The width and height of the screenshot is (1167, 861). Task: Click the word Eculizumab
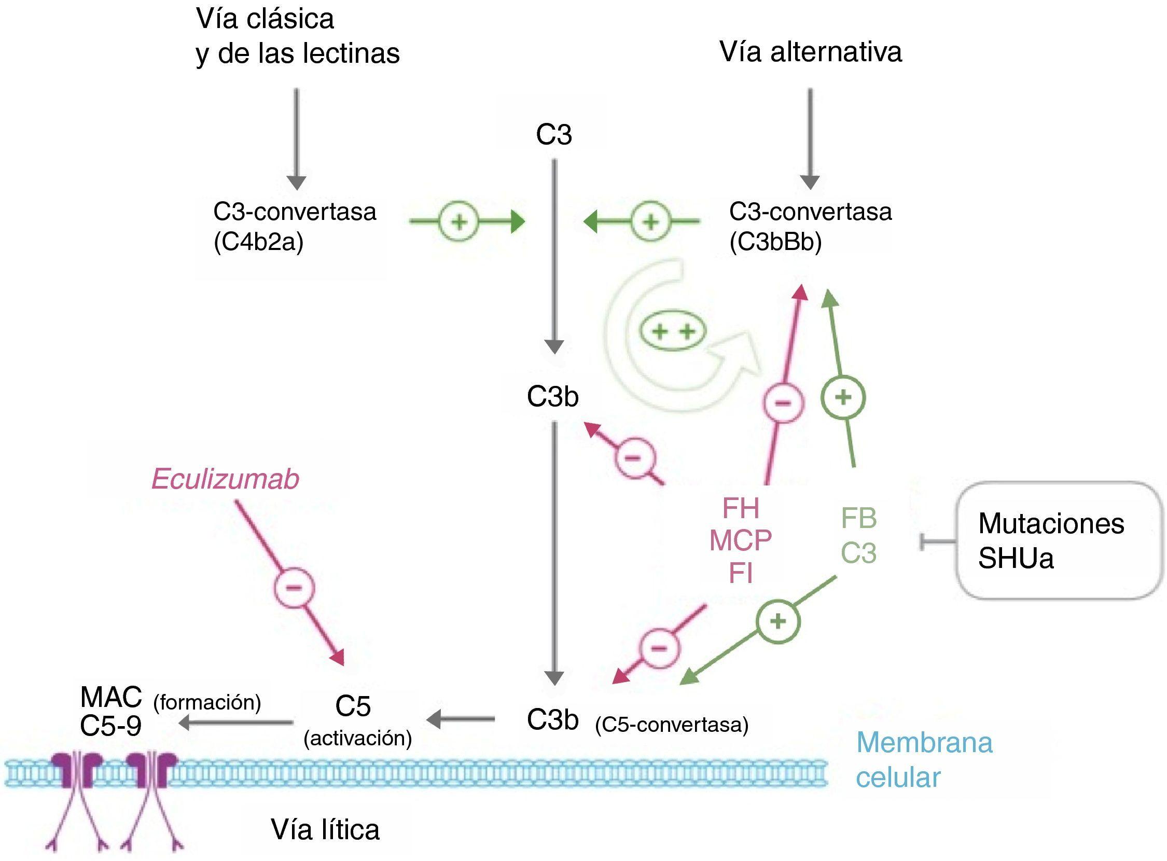[x=225, y=479]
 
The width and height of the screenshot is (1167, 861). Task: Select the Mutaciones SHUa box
[x=1058, y=540]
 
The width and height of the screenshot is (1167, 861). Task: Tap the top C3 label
[x=554, y=135]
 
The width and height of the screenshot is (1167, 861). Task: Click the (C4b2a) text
[x=258, y=242]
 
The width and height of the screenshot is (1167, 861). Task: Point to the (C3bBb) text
[x=775, y=242]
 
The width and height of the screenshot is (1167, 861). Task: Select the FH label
[x=741, y=508]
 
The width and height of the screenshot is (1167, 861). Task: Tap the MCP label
[x=741, y=540]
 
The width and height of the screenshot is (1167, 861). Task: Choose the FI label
[x=741, y=573]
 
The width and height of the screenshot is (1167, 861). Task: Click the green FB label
[x=859, y=519]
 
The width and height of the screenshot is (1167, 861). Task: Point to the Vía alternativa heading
[x=811, y=52]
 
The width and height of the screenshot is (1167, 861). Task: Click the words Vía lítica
[x=325, y=829]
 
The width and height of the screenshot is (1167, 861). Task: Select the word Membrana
[x=924, y=743]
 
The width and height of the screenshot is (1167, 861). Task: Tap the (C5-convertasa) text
[x=671, y=725]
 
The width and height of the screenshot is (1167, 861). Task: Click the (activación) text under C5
[x=357, y=738]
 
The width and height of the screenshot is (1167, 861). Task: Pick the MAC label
[x=111, y=697]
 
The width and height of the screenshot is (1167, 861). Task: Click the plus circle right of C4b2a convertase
[x=459, y=223]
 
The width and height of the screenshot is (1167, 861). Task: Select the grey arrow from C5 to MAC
[x=236, y=723]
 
